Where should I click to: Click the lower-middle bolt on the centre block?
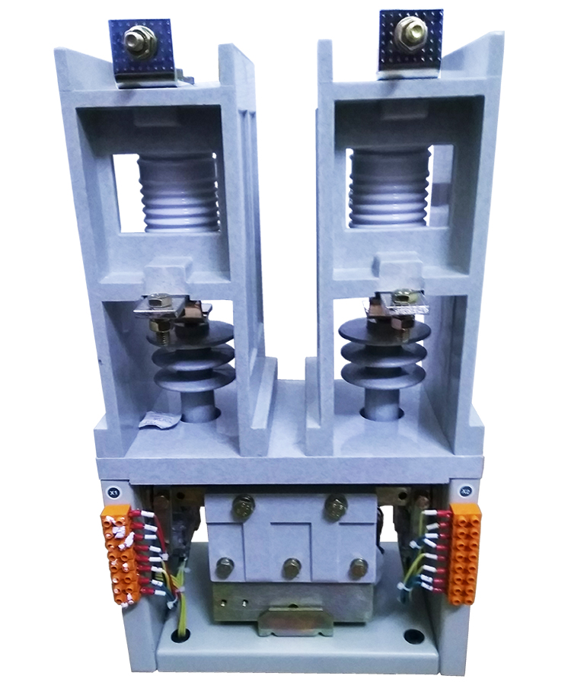tap(291, 567)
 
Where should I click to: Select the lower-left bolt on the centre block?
tap(225, 567)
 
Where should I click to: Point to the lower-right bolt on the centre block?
tap(358, 567)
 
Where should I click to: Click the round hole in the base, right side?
tap(413, 634)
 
